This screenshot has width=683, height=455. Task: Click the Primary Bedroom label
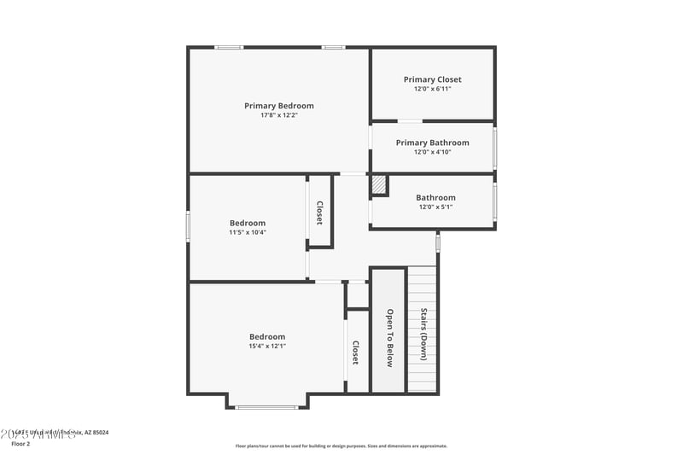(x=279, y=106)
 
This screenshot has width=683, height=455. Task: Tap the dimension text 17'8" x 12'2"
(x=279, y=115)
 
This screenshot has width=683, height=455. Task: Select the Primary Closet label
(x=432, y=79)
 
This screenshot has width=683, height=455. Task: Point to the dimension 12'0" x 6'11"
(x=432, y=89)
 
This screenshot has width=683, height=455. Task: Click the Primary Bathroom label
(x=432, y=143)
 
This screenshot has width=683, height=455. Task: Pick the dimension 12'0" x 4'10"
(x=432, y=152)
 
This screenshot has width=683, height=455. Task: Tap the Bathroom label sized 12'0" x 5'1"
(x=435, y=197)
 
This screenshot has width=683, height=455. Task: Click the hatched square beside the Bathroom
(x=379, y=185)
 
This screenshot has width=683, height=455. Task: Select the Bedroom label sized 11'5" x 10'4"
(x=248, y=223)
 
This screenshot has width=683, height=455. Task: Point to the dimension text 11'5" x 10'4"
(x=248, y=232)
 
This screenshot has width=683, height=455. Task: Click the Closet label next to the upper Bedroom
(x=320, y=213)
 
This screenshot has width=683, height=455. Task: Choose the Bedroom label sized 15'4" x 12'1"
(x=267, y=336)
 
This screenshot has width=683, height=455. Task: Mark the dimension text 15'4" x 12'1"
(x=267, y=346)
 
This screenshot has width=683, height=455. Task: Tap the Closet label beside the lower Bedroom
(x=356, y=353)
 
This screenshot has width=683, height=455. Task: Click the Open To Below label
(x=389, y=338)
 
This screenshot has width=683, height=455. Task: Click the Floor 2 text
(x=20, y=444)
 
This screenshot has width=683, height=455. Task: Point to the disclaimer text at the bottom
(x=341, y=446)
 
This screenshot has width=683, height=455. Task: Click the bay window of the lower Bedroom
(x=267, y=407)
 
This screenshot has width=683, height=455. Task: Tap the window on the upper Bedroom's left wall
(x=188, y=226)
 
